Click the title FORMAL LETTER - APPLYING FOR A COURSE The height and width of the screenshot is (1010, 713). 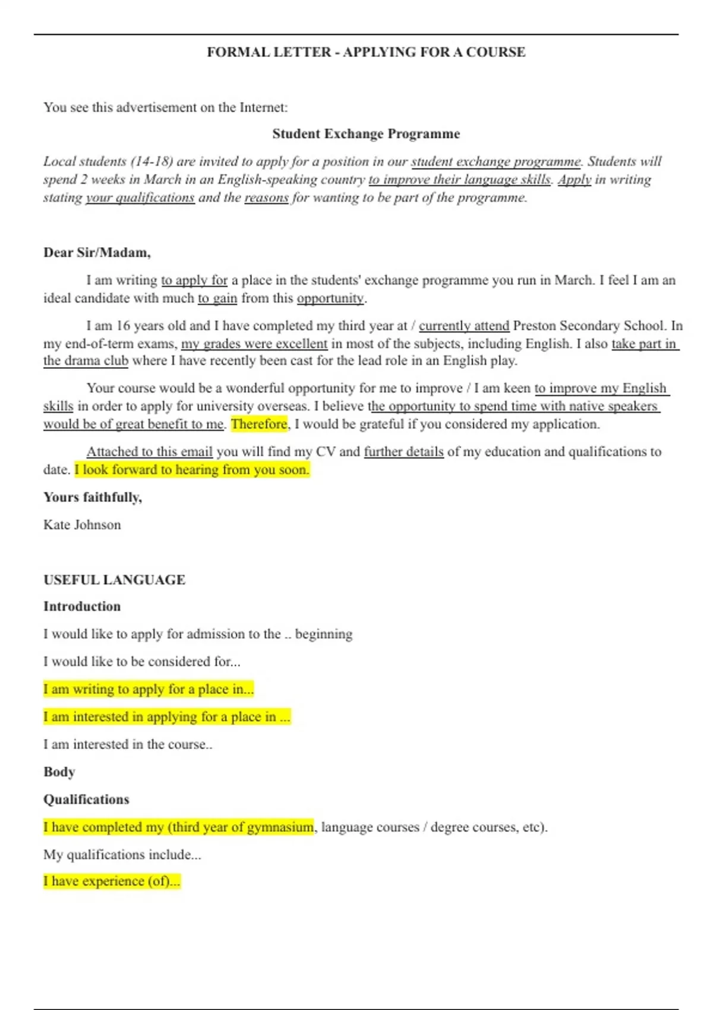pyautogui.click(x=366, y=52)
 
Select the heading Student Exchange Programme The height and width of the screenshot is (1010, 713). pyautogui.click(x=366, y=134)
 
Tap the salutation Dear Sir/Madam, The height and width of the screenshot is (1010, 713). pyautogui.click(x=97, y=252)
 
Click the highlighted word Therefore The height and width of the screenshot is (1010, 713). pyautogui.click(x=259, y=424)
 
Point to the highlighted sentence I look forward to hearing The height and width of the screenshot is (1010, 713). pyautogui.click(x=192, y=470)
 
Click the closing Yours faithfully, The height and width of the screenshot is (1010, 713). pyautogui.click(x=93, y=497)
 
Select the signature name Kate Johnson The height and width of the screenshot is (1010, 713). pyautogui.click(x=82, y=525)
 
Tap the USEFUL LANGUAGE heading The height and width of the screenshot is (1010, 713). pyautogui.click(x=114, y=580)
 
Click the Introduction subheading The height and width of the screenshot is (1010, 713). pyautogui.click(x=82, y=607)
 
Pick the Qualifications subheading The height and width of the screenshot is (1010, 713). pyautogui.click(x=86, y=800)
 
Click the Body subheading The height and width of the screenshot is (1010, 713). pyautogui.click(x=59, y=772)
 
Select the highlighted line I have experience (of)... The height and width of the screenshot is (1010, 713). pyautogui.click(x=112, y=881)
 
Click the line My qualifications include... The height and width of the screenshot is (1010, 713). pyautogui.click(x=122, y=855)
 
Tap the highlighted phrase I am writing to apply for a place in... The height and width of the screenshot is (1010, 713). pyautogui.click(x=149, y=689)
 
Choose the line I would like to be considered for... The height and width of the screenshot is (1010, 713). pyautogui.click(x=141, y=662)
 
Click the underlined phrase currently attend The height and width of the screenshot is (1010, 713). pyautogui.click(x=464, y=326)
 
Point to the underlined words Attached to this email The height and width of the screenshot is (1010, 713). pyautogui.click(x=150, y=452)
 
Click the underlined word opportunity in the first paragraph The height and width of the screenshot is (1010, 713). pyautogui.click(x=330, y=298)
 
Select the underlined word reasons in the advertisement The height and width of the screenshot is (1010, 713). pyautogui.click(x=266, y=197)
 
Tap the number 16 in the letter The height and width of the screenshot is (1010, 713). pyautogui.click(x=123, y=326)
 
